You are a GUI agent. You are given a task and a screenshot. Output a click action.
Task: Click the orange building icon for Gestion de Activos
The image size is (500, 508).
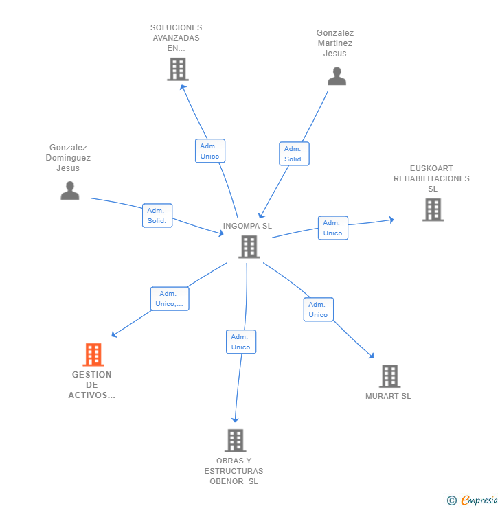(x=93, y=354)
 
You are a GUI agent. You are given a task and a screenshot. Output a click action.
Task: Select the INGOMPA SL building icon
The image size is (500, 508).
(x=249, y=246)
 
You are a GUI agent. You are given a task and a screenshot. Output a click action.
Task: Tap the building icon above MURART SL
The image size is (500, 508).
(x=389, y=376)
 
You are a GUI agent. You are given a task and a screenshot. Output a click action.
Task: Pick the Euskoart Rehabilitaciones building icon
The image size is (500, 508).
(x=433, y=210)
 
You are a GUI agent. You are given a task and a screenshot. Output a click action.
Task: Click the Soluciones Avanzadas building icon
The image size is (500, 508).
(x=177, y=69)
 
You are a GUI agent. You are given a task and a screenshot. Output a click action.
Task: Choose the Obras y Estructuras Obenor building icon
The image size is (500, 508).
(x=235, y=441)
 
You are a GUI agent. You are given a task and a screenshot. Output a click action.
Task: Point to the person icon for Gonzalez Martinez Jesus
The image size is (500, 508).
(x=337, y=76)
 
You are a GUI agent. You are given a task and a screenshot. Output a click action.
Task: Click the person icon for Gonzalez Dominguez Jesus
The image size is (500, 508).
(x=70, y=190)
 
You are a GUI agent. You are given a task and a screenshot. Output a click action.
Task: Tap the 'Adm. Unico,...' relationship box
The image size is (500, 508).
(x=170, y=299)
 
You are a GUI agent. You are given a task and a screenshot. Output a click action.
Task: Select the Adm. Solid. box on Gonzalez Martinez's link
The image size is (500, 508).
(x=294, y=154)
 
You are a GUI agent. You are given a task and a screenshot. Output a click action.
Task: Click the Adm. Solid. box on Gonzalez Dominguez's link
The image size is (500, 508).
(x=157, y=216)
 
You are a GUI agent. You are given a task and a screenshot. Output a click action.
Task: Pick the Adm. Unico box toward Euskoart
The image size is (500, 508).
(x=333, y=228)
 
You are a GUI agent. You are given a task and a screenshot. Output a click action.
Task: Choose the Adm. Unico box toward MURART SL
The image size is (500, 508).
(x=318, y=310)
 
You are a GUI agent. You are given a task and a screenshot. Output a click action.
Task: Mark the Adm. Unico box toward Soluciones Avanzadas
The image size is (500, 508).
(x=209, y=151)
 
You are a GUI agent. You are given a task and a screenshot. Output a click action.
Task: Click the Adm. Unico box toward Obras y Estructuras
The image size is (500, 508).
(x=240, y=342)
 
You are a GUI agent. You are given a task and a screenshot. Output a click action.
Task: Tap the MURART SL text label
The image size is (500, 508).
(x=388, y=396)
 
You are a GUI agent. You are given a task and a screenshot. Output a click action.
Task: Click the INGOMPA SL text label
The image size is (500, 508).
(x=247, y=226)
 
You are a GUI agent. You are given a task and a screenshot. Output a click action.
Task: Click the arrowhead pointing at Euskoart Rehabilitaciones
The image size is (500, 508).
(x=391, y=220)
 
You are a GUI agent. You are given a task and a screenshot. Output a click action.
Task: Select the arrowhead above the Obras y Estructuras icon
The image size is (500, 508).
(x=235, y=419)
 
